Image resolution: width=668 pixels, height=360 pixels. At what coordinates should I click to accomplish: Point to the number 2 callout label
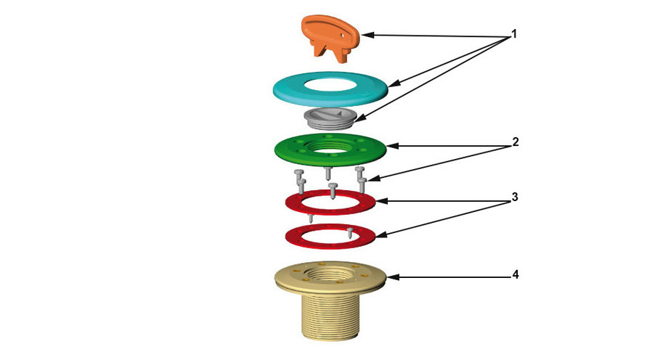point(514,142)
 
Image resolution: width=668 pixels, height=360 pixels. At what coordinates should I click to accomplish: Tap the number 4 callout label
point(514,275)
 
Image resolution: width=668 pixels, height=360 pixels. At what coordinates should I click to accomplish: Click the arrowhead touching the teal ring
point(392,85)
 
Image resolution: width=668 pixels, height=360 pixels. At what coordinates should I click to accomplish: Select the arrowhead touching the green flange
point(392,146)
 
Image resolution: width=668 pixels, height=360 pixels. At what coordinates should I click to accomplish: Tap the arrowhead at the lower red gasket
point(378,235)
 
